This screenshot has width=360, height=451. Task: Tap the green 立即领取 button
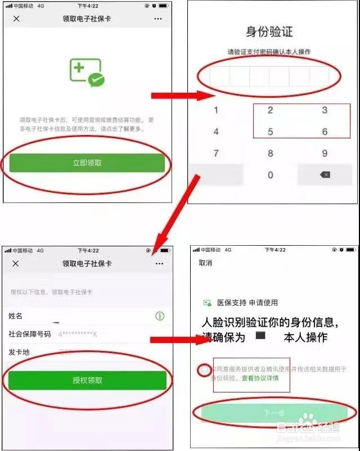tap(87, 163)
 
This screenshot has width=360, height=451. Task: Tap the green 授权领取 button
tap(87, 380)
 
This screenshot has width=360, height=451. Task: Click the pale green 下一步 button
tap(274, 413)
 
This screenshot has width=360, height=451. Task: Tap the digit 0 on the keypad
tap(270, 175)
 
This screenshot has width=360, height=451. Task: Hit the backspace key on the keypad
tap(325, 175)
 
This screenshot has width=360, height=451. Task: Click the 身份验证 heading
tap(269, 31)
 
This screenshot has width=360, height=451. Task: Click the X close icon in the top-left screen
tap(16, 19)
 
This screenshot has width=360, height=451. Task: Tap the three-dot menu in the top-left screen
tap(158, 19)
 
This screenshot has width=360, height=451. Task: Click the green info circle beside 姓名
tap(160, 316)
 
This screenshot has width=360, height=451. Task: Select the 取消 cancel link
tap(205, 263)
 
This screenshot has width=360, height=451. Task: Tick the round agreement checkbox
tap(204, 370)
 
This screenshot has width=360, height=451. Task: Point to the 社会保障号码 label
tap(29, 334)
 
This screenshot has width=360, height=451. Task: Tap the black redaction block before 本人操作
tap(260, 336)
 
